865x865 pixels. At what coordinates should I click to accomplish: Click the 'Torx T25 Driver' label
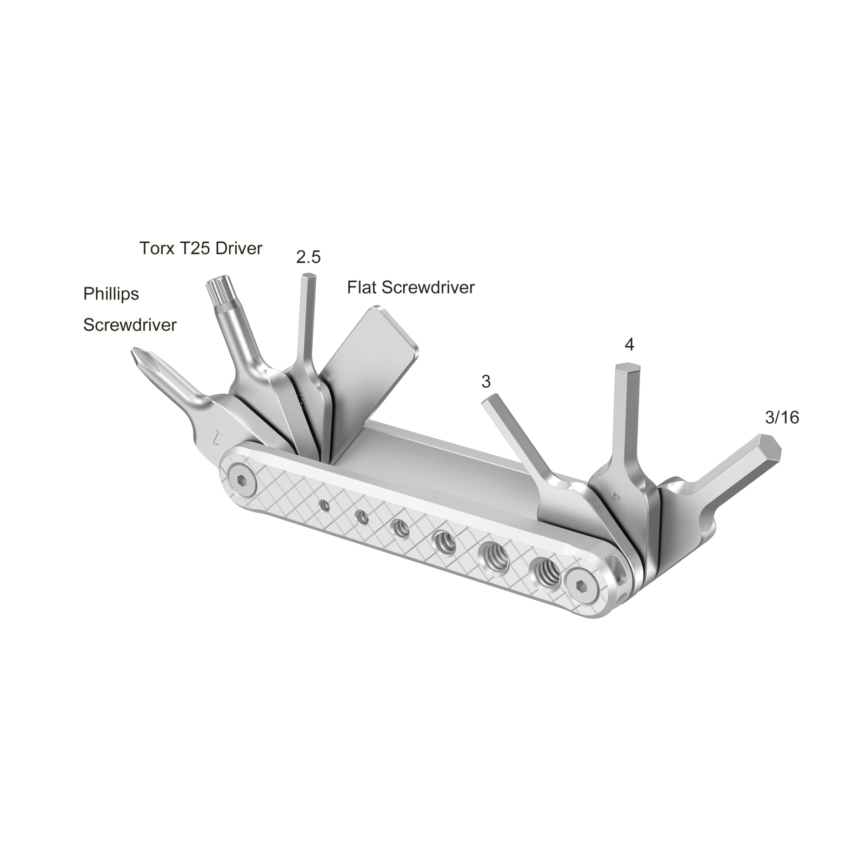pyautogui.click(x=201, y=248)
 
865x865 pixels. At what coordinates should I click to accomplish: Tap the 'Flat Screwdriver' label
pyautogui.click(x=410, y=287)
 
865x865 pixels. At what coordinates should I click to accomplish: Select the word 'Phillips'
pyautogui.click(x=111, y=294)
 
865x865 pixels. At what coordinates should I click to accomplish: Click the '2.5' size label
pyautogui.click(x=308, y=257)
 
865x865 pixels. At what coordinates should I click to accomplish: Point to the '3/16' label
pyautogui.click(x=782, y=417)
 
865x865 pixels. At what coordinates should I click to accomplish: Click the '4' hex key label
pyautogui.click(x=628, y=344)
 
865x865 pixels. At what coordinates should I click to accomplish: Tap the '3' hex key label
pyautogui.click(x=485, y=382)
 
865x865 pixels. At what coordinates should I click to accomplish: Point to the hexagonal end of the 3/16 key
pyautogui.click(x=772, y=446)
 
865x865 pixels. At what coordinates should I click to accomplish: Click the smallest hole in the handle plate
pyautogui.click(x=324, y=505)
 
